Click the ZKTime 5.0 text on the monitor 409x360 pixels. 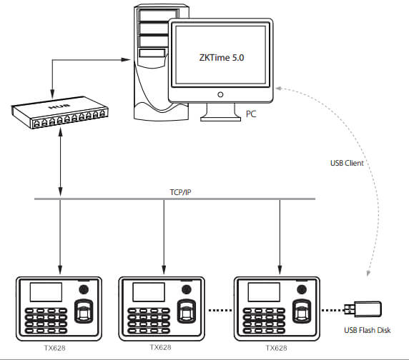(x=222, y=58)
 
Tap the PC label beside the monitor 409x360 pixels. (x=251, y=114)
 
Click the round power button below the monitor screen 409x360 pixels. (x=220, y=94)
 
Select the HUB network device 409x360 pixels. (x=60, y=112)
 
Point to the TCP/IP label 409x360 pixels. (x=180, y=192)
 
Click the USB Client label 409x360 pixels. (x=347, y=163)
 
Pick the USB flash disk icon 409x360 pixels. (x=363, y=309)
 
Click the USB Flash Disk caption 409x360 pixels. (x=368, y=330)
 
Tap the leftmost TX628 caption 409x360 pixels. (x=54, y=348)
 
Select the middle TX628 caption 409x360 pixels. (x=160, y=347)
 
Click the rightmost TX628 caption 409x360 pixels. (x=276, y=348)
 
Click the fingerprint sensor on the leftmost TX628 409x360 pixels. (x=84, y=311)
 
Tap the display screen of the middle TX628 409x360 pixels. (x=149, y=292)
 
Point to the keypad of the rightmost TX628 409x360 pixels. (x=264, y=321)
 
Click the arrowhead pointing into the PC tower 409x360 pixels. (x=126, y=60)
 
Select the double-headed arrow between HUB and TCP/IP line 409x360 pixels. (x=61, y=161)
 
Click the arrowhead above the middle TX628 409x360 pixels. (x=164, y=270)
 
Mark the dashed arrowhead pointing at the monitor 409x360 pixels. (x=278, y=89)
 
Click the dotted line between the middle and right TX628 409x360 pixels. (x=220, y=310)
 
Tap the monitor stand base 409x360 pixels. (x=220, y=119)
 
